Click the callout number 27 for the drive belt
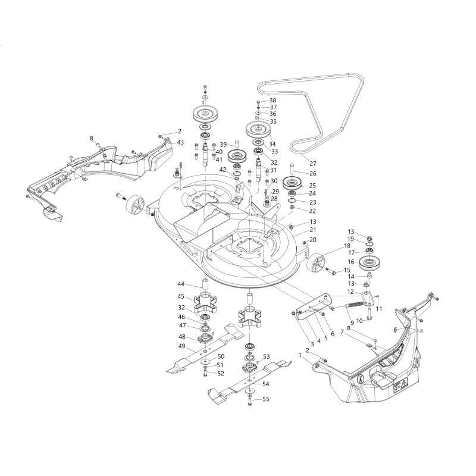click(313, 163)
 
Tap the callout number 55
click(266, 399)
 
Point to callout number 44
click(180, 285)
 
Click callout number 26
click(313, 174)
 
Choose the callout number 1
click(300, 355)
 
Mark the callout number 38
click(273, 101)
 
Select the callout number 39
click(223, 145)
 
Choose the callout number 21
click(313, 230)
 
